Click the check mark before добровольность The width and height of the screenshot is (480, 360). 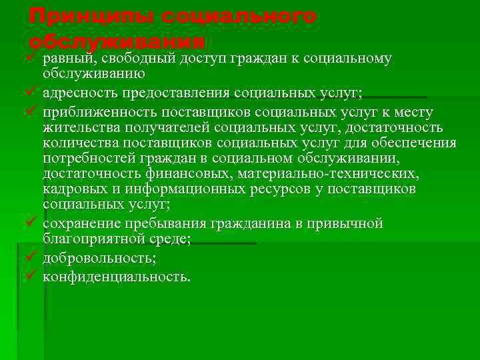(x=30, y=257)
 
